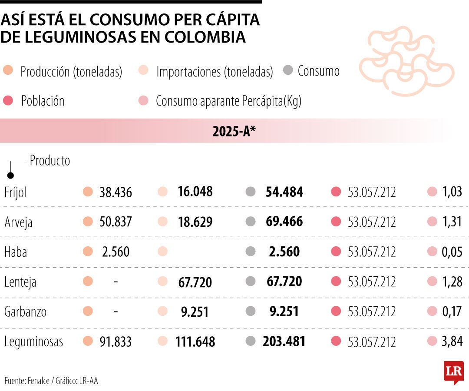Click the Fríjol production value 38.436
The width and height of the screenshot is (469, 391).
point(116,192)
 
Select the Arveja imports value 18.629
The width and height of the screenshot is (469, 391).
point(195,222)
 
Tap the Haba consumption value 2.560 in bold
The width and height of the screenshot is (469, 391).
point(284,252)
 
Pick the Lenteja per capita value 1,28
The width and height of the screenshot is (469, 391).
point(452,282)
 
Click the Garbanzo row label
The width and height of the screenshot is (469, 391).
point(25,311)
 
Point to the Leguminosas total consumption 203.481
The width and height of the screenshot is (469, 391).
point(284,341)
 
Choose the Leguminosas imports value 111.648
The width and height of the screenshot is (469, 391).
point(195,342)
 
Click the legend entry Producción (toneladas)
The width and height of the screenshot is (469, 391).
point(71,72)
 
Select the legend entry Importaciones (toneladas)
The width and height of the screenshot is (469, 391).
point(214,72)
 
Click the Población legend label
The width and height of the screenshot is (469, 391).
point(43,101)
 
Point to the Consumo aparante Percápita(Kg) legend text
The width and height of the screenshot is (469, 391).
point(228,101)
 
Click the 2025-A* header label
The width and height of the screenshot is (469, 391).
point(234,131)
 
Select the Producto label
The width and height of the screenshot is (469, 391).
point(50,161)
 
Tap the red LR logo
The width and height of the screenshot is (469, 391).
point(453,372)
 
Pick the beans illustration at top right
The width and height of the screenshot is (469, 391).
point(406,61)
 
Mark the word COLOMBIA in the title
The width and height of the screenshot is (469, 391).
point(205,37)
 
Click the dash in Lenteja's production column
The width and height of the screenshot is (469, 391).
point(116,282)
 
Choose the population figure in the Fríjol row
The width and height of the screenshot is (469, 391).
point(372,192)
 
